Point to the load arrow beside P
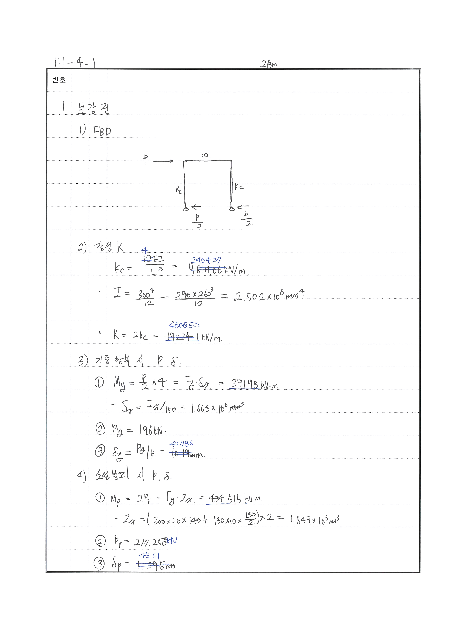[x=163, y=161]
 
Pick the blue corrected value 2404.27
[x=206, y=260]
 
